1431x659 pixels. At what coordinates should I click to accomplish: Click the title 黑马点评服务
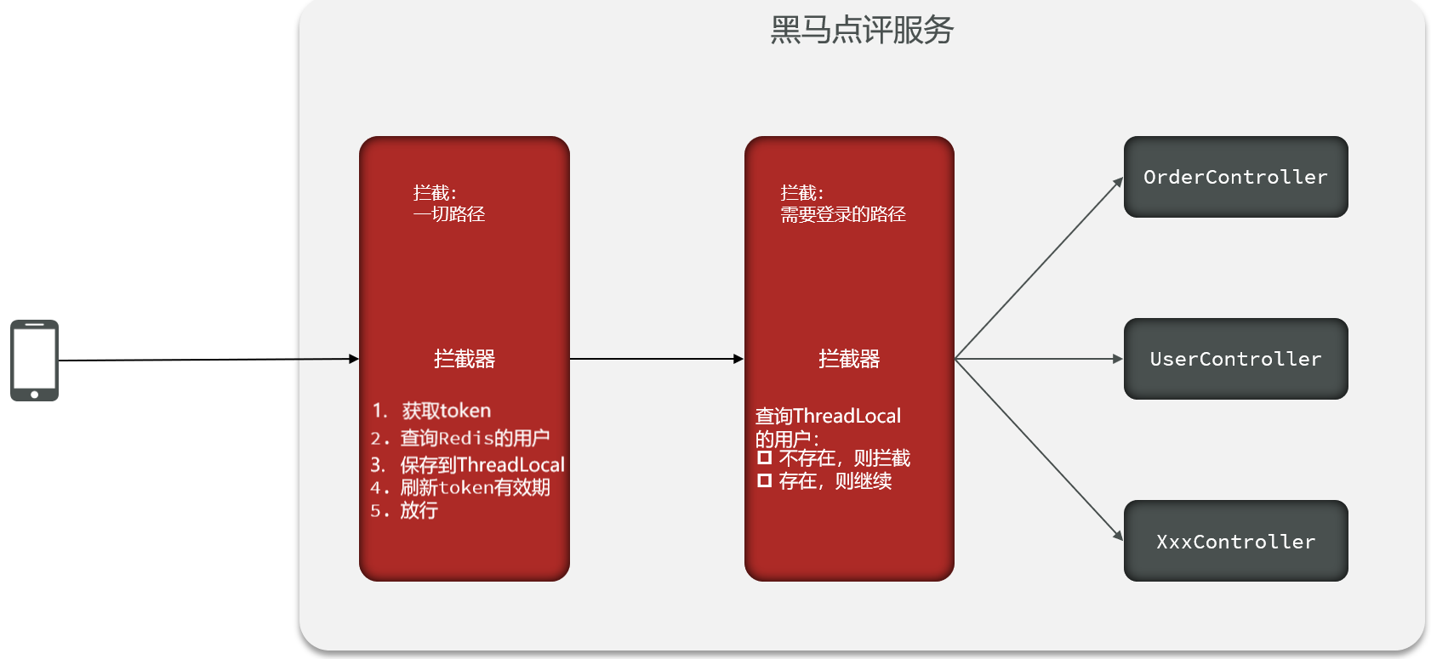861,31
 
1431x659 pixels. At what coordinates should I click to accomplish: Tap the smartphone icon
34,360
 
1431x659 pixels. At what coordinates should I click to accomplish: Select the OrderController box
1235,177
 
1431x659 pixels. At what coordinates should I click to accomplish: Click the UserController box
1235,359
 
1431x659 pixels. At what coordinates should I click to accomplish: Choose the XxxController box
1235,541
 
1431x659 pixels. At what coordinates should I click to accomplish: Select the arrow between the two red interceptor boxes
656,359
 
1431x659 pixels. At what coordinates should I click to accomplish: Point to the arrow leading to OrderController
1038,268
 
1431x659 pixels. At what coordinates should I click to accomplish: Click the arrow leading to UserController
1038,359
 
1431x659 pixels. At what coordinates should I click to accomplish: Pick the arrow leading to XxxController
1038,448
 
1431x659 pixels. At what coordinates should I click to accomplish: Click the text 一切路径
449,214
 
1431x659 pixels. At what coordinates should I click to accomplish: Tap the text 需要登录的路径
843,214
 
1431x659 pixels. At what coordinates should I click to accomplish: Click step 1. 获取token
431,411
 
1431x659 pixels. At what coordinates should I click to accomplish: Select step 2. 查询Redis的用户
459,438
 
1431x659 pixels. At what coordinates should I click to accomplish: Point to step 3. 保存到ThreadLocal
467,465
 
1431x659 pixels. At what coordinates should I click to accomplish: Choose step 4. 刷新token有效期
459,487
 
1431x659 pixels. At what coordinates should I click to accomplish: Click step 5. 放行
404,510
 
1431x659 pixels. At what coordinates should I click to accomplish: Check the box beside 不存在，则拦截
764,457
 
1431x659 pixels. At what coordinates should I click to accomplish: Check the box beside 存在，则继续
764,480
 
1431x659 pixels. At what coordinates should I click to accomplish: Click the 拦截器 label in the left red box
464,359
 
